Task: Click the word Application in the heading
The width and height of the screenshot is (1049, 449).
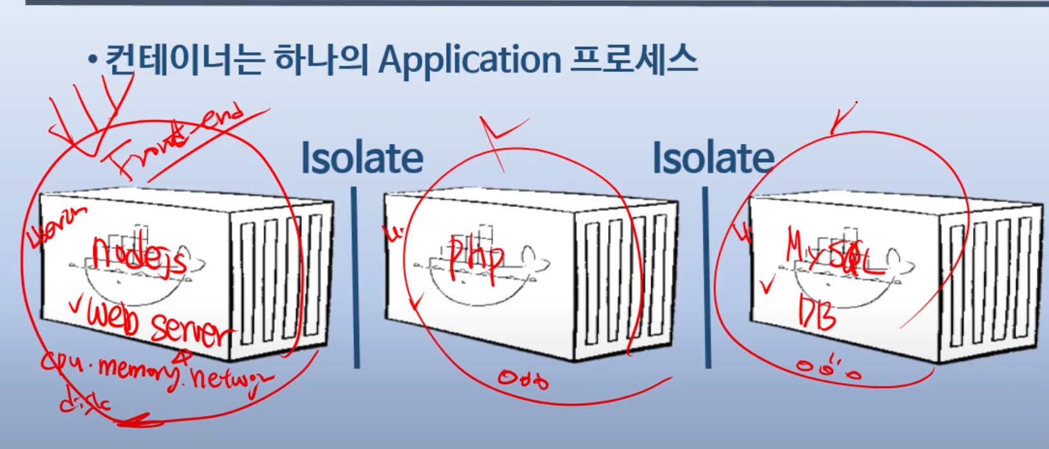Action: (469, 61)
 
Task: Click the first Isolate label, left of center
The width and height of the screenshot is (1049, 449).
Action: (362, 159)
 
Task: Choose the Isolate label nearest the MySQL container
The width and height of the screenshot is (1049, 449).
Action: (713, 159)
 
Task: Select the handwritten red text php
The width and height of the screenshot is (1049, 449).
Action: (476, 258)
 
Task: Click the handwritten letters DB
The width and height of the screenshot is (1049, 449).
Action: (817, 313)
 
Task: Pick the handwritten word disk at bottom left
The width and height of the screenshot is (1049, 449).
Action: (84, 405)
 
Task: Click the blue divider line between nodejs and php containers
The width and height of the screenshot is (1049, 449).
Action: (356, 277)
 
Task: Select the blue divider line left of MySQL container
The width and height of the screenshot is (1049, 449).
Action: (707, 277)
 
